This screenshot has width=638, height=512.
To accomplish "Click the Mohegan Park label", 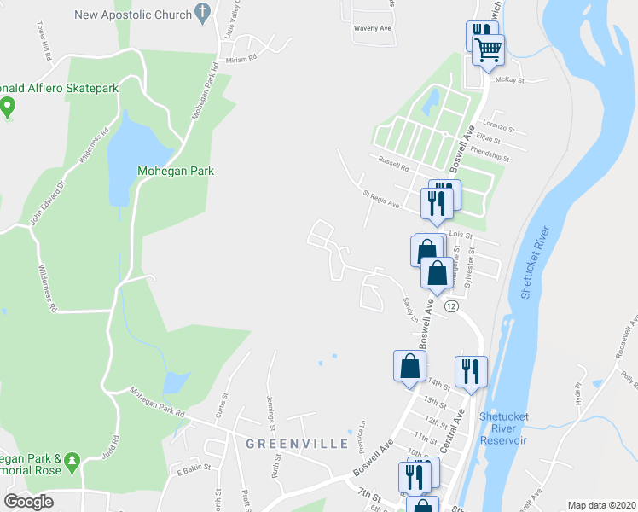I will [176, 171].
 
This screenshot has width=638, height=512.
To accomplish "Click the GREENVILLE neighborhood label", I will [297, 444].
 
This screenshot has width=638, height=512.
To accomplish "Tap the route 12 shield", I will [451, 305].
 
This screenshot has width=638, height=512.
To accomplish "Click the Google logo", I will [28, 502].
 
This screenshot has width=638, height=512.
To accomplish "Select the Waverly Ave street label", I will [372, 28].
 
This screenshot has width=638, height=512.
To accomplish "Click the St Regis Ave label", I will [380, 200].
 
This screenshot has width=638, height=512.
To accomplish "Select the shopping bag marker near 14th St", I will [409, 366].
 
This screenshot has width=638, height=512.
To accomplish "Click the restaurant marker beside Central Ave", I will [470, 371].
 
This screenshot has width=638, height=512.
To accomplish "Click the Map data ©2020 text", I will [601, 504].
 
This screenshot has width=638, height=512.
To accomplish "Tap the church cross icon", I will [202, 13].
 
